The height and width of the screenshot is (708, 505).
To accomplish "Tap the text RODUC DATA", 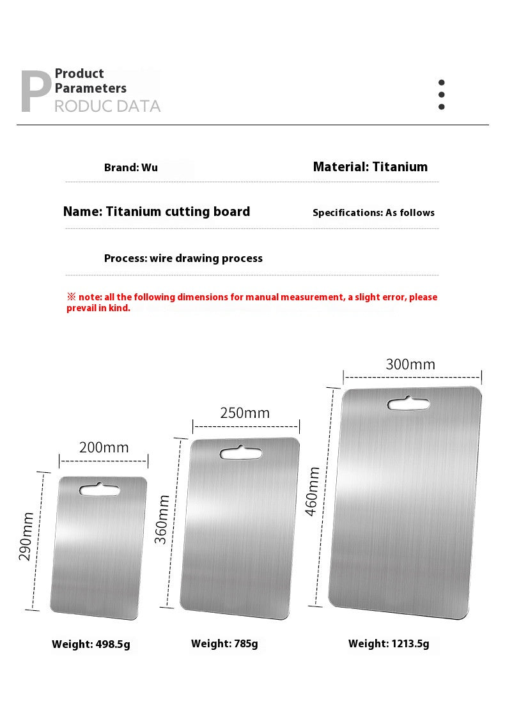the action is tap(107, 106).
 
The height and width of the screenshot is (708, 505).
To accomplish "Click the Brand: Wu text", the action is tap(131, 168).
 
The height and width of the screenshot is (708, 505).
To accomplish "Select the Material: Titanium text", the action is tap(370, 167).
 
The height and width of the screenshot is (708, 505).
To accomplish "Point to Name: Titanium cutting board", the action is tap(157, 212).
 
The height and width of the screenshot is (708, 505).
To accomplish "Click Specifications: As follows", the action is tap(373, 213).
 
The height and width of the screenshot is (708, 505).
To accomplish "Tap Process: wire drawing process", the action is tap(183, 258).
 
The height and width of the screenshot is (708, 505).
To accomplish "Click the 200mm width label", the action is tap(104, 447).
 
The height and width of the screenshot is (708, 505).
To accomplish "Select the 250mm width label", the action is tap(245, 413).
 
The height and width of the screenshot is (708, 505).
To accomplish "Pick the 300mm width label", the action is tap(410, 364).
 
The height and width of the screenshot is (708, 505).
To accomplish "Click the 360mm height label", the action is tap(162, 519).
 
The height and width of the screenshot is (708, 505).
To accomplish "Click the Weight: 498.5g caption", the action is tap(91, 644).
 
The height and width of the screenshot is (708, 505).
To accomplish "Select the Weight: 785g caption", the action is tap(224, 643).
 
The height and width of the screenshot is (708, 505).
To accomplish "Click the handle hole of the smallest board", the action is tap(99, 490).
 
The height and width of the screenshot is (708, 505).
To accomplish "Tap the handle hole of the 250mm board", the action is tap(241, 453).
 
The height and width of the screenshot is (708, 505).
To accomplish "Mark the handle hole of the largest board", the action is tap(408, 404).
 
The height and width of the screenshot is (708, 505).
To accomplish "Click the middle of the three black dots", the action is tap(441, 95).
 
